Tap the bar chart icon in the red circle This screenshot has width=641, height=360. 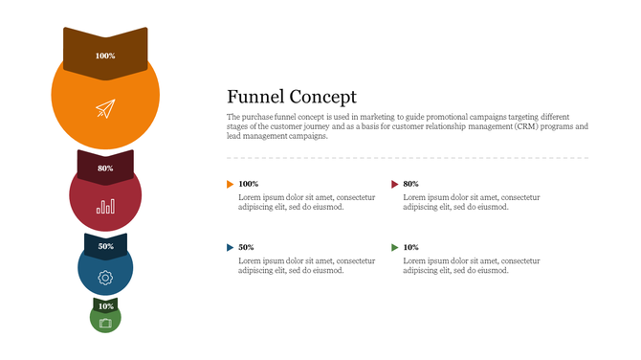pos(105,205)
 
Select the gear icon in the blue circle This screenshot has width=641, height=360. pos(105,278)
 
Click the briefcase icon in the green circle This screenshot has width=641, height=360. pos(105,323)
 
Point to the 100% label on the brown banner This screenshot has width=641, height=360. pos(105,56)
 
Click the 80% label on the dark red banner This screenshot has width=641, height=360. pos(105,169)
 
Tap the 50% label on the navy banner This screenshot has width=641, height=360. pos(105,246)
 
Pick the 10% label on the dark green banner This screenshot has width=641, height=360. pos(105,306)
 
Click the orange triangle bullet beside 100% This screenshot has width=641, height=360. pos(230,183)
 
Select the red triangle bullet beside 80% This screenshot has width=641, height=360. pos(395,183)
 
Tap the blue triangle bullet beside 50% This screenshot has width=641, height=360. pos(230,247)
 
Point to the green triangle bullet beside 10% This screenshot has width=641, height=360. pos(395,247)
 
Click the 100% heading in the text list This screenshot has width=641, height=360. pos(249,183)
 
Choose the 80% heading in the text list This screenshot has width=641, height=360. pos(411,183)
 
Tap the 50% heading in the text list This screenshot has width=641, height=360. pos(246,247)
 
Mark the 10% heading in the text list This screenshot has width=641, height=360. pos(411,247)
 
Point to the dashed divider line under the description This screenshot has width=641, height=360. pos(407,157)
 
